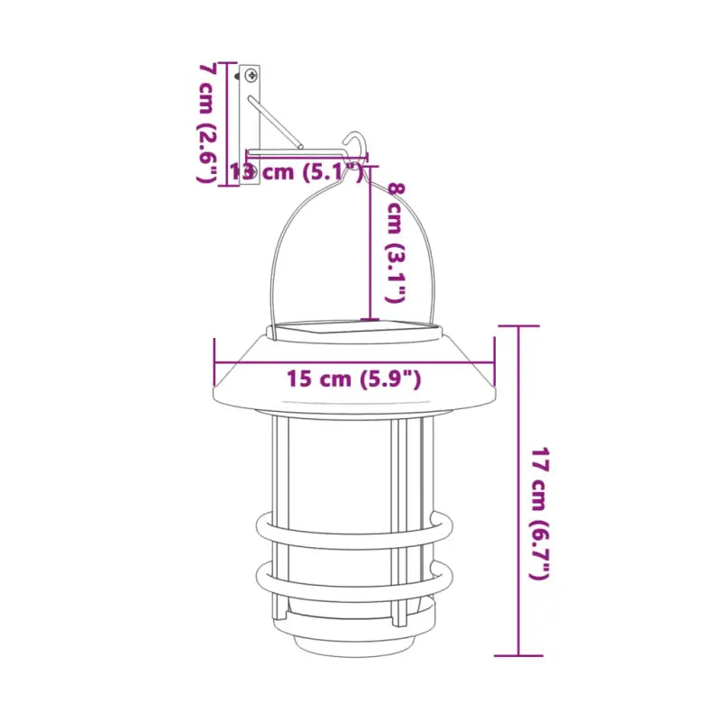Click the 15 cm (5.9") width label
pos(354,379)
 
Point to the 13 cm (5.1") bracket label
pos(297,171)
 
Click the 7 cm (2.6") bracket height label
pos(208,123)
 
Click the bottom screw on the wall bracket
pos(251,171)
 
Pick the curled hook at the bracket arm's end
pos(355,144)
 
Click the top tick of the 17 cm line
pos(519,326)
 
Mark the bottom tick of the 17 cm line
pos(519,656)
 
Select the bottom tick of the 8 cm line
pos(369,319)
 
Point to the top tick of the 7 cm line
pos(225,62)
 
